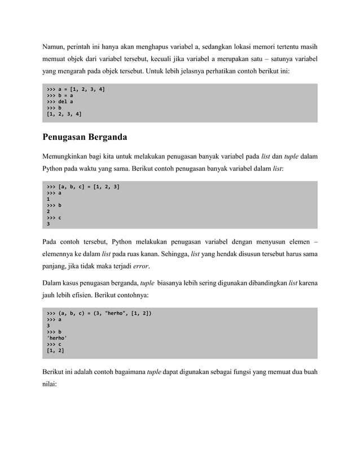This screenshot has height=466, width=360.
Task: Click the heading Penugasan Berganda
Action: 85,137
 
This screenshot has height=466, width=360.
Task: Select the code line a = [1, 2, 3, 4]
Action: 76,89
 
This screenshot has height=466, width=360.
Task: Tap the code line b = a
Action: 59,95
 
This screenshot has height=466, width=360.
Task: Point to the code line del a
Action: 59,102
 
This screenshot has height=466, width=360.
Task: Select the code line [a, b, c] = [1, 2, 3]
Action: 82,186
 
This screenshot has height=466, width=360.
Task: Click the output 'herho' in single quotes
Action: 57,337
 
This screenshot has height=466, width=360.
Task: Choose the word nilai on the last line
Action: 50,385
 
